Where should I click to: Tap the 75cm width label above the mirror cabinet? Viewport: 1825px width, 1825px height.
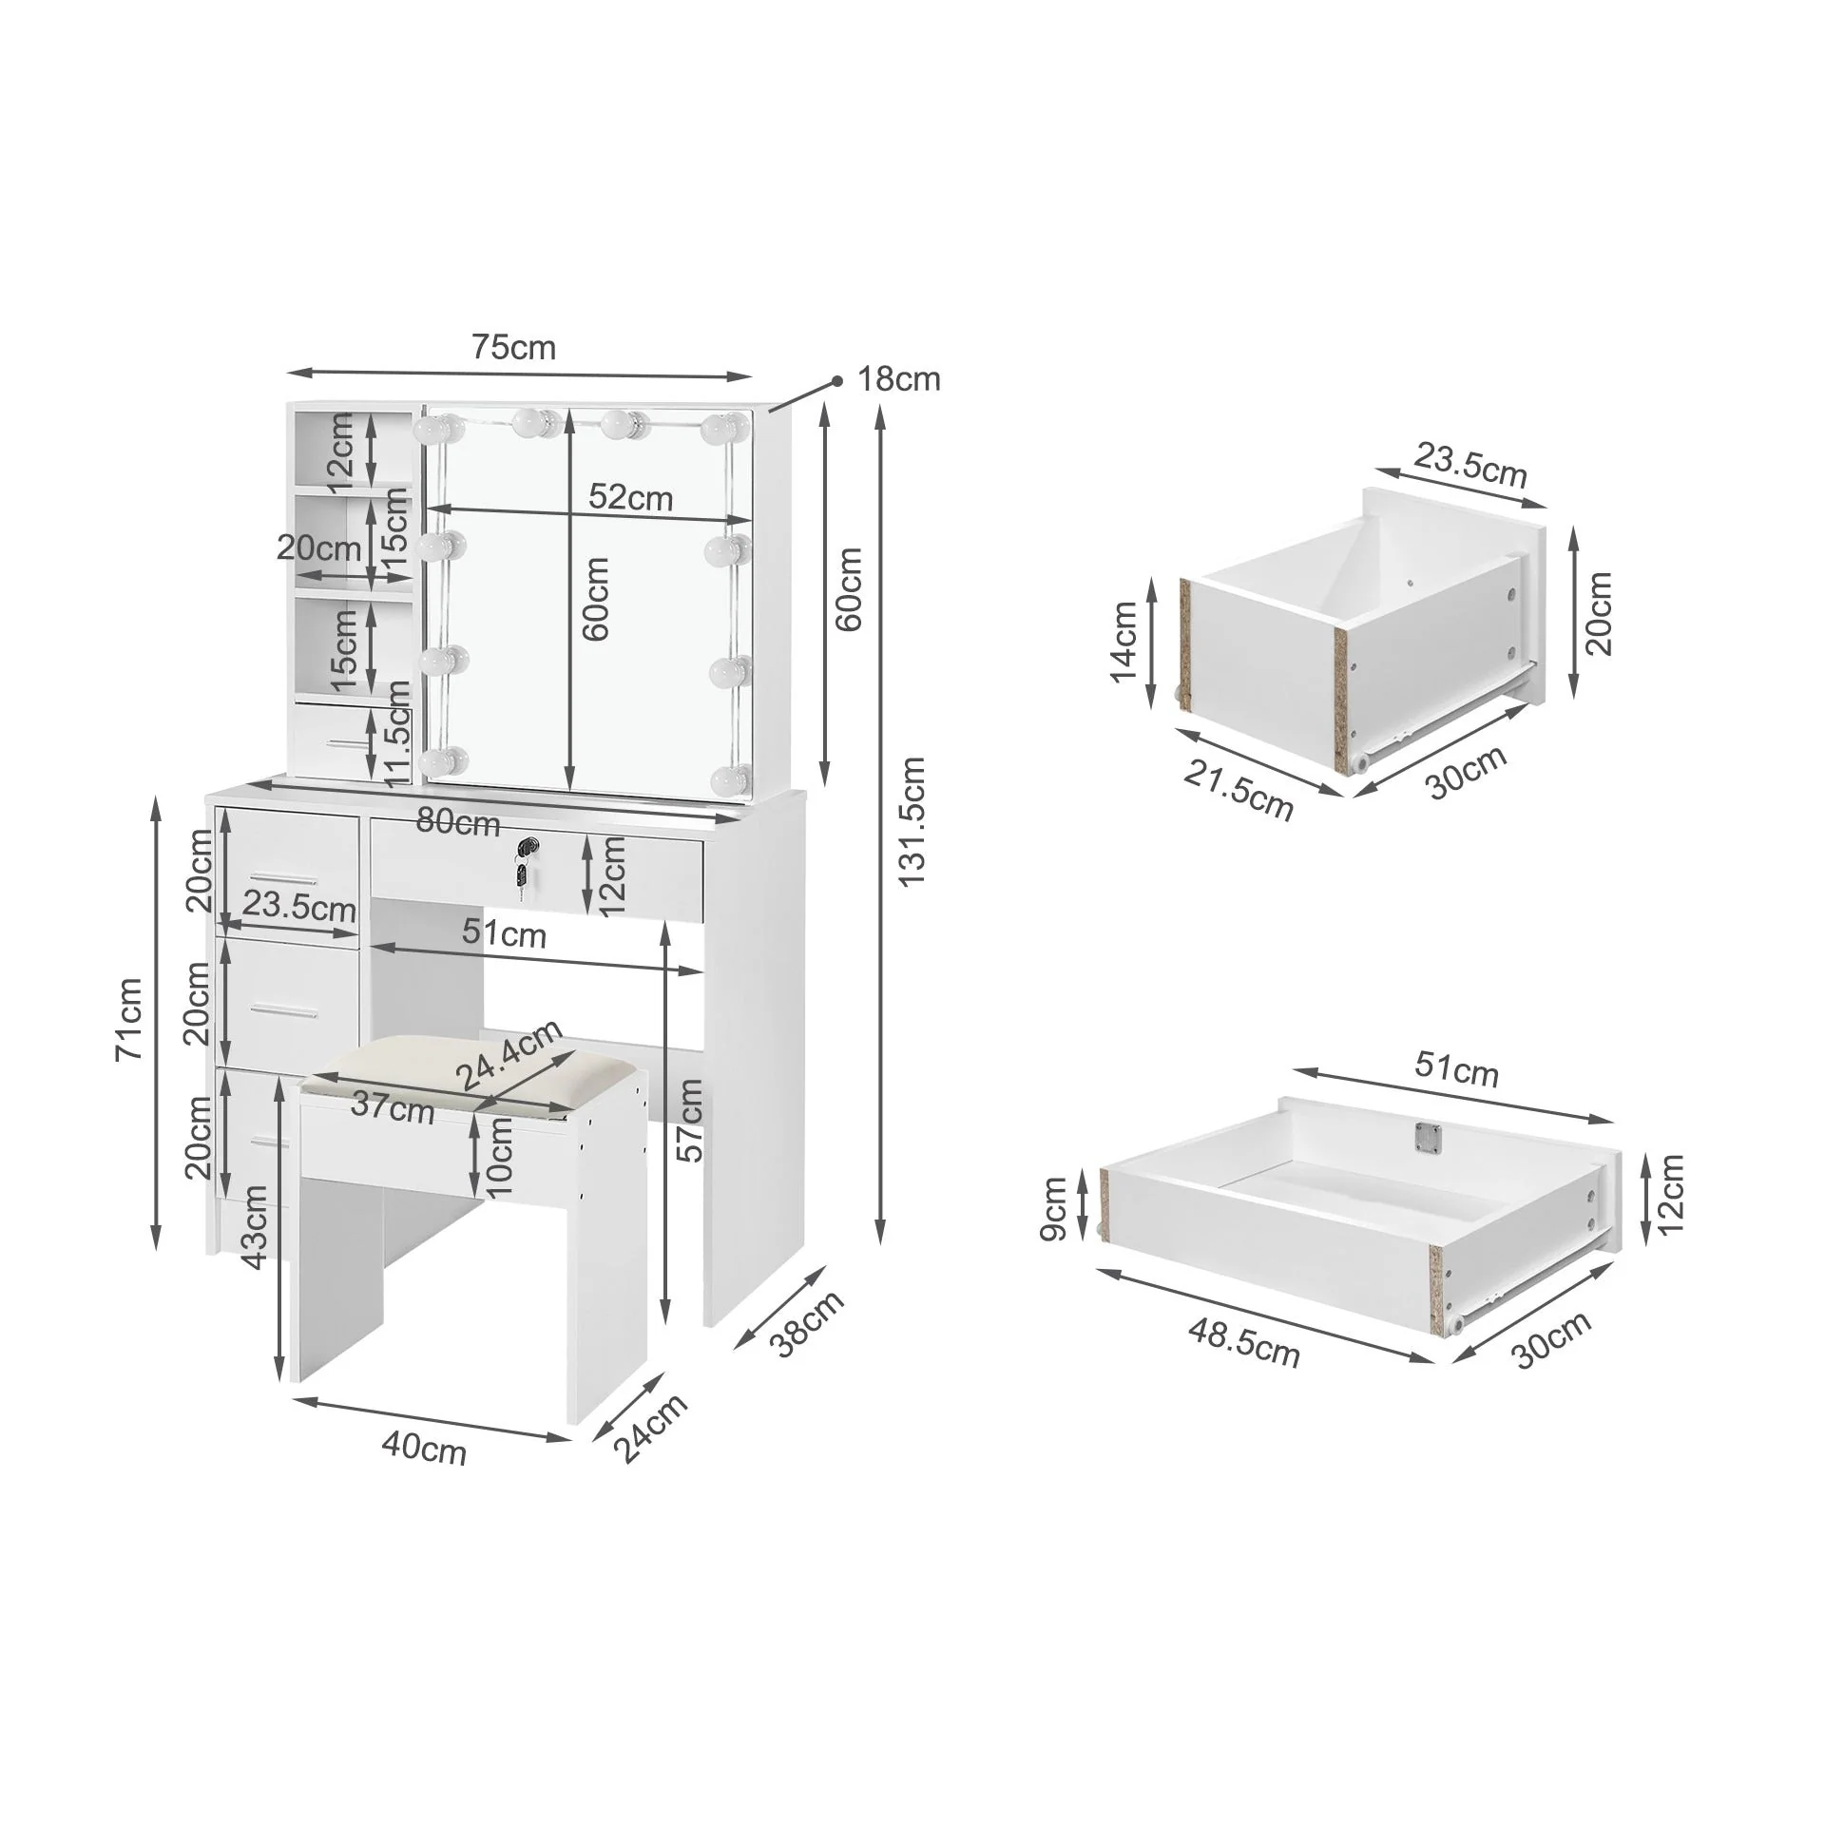click(513, 348)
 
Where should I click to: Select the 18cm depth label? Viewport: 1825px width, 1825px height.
click(898, 379)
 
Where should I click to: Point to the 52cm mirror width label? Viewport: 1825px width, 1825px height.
click(630, 496)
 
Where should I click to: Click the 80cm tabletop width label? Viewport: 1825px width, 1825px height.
click(458, 822)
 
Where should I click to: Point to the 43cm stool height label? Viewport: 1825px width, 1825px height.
click(255, 1227)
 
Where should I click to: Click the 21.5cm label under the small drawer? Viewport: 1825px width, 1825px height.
click(1238, 790)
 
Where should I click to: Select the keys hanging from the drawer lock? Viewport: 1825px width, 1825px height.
click(520, 875)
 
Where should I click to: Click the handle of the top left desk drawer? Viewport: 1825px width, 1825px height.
click(283, 875)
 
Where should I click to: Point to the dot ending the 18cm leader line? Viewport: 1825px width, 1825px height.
click(837, 381)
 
